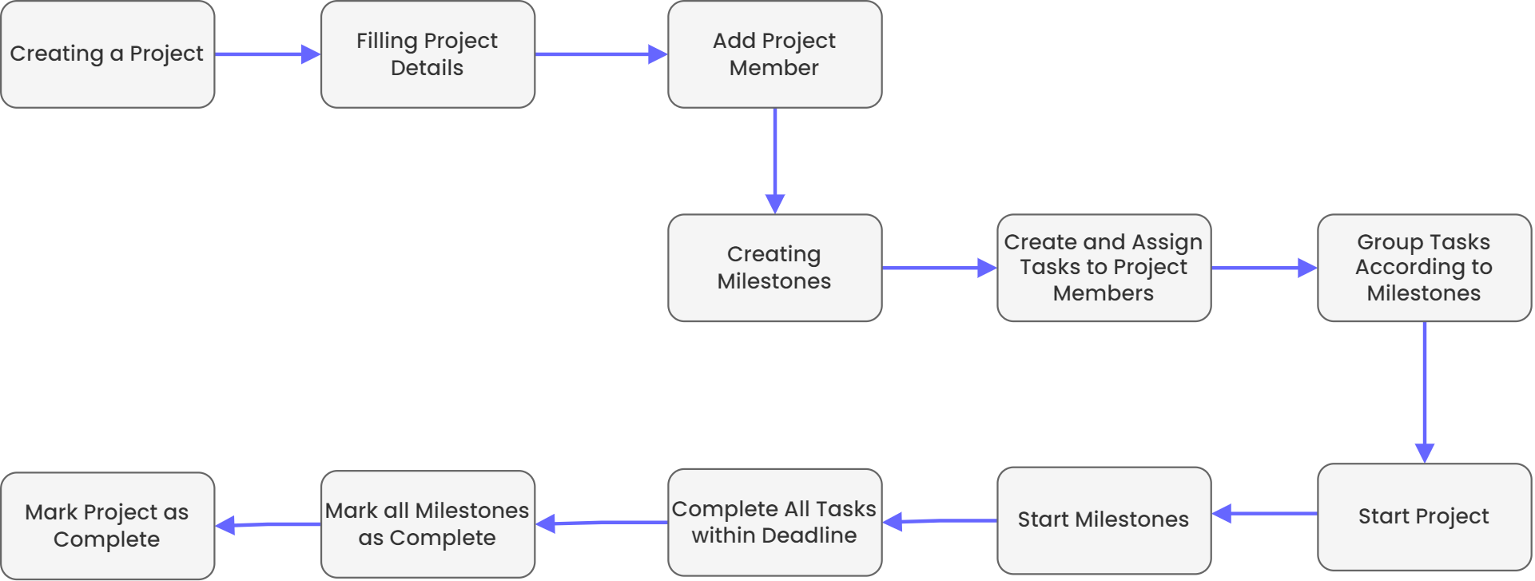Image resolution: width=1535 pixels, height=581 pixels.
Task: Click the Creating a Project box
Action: [x=108, y=54]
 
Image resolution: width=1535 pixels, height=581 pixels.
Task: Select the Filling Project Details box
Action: [x=427, y=54]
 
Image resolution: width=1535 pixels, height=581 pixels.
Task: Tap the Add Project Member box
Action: [x=774, y=54]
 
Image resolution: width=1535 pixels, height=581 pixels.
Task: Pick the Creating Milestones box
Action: [x=774, y=268]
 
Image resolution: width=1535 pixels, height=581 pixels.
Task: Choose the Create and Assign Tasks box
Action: [x=1104, y=268]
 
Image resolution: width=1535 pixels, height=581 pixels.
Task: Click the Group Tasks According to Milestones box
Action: [x=1424, y=268]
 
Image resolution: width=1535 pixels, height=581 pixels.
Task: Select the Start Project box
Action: [x=1424, y=516]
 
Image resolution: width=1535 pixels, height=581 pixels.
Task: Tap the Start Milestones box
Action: [x=1104, y=520]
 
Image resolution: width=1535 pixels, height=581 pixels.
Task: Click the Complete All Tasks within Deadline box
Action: [x=774, y=522]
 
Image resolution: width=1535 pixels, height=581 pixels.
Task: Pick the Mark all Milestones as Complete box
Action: [x=427, y=523]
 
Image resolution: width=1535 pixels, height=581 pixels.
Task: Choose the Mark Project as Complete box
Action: [x=108, y=526]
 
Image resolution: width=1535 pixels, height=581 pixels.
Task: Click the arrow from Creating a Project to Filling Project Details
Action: [x=268, y=54]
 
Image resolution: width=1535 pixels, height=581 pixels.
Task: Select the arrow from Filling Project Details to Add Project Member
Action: [x=601, y=54]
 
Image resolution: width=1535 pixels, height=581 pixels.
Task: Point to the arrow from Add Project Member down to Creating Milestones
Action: [x=774, y=160]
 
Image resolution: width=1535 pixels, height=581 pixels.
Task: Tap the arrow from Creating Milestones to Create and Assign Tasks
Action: [x=939, y=268]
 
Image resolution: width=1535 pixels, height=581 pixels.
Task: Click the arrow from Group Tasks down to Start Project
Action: [x=1424, y=392]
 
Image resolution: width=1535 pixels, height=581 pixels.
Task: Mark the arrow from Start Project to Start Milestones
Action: [x=1264, y=514]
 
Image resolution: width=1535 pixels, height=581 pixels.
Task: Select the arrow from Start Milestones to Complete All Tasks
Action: [x=940, y=521]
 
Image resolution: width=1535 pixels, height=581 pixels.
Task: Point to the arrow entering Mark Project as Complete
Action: [x=268, y=525]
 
